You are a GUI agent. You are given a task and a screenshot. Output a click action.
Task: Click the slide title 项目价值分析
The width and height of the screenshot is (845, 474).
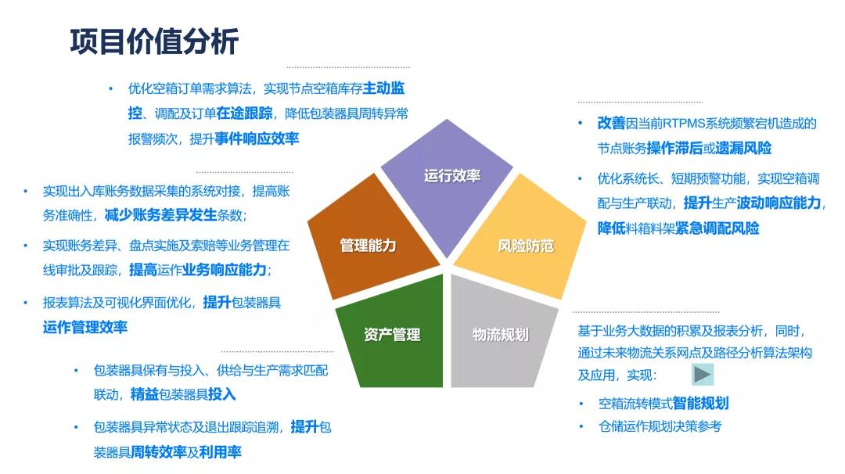(x=154, y=41)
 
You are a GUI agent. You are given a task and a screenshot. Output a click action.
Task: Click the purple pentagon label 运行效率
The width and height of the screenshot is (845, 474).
(x=452, y=176)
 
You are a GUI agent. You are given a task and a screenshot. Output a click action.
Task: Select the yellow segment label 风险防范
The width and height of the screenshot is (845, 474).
(x=526, y=246)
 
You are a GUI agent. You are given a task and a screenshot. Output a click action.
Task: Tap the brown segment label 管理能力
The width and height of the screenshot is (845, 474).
(x=368, y=246)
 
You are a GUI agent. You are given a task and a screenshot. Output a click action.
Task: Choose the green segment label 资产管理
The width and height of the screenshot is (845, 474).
(x=392, y=335)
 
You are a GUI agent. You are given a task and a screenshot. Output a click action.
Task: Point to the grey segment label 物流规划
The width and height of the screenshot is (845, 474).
(x=501, y=335)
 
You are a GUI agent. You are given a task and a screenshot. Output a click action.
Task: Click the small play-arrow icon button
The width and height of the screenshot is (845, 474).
(x=703, y=375)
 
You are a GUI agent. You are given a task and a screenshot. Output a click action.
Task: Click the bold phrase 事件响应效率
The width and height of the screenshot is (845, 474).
(x=257, y=138)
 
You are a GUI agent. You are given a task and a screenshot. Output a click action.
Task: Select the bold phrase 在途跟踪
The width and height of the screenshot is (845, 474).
(x=245, y=113)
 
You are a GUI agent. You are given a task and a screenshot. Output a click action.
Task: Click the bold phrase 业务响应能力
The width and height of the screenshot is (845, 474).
(x=225, y=270)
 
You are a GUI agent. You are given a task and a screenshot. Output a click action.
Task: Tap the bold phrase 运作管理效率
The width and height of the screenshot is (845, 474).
(x=85, y=327)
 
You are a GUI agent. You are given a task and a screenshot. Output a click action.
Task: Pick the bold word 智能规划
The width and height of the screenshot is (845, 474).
(x=700, y=404)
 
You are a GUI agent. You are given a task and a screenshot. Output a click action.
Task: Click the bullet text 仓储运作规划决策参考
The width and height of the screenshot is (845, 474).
(x=660, y=426)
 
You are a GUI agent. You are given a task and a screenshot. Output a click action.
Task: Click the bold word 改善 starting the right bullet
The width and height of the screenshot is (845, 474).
(x=611, y=123)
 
